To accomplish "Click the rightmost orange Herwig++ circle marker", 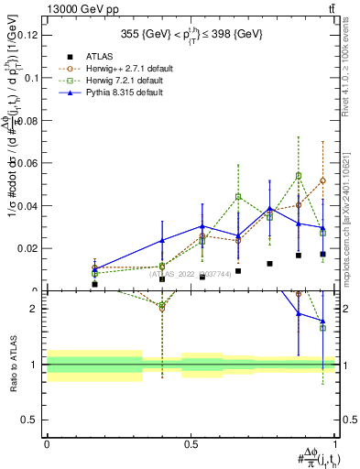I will pos(322,180).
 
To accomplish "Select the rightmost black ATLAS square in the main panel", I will pos(322,255).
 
